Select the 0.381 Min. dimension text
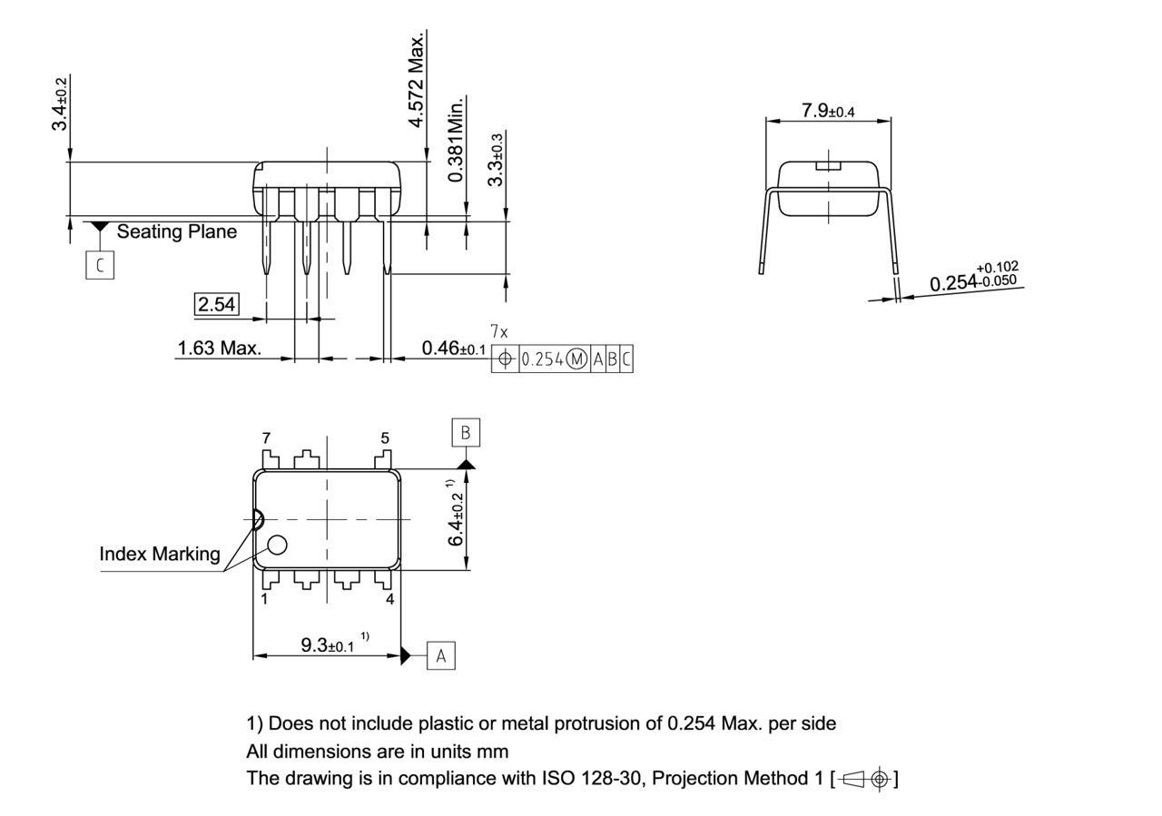[456, 139]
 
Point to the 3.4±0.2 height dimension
[60, 103]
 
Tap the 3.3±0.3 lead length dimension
[496, 159]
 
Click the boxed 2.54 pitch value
[217, 304]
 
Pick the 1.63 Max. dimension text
[219, 348]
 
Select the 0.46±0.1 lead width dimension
[454, 349]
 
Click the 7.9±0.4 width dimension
[827, 111]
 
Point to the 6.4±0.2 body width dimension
[457, 518]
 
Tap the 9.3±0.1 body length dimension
[328, 645]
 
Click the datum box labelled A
[441, 655]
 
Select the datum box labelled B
[466, 433]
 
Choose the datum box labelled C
[100, 265]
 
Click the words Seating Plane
[176, 231]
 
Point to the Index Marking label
[160, 553]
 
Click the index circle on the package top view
[277, 545]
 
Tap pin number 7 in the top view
[266, 438]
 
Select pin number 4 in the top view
[389, 599]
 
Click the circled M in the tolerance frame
[577, 359]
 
